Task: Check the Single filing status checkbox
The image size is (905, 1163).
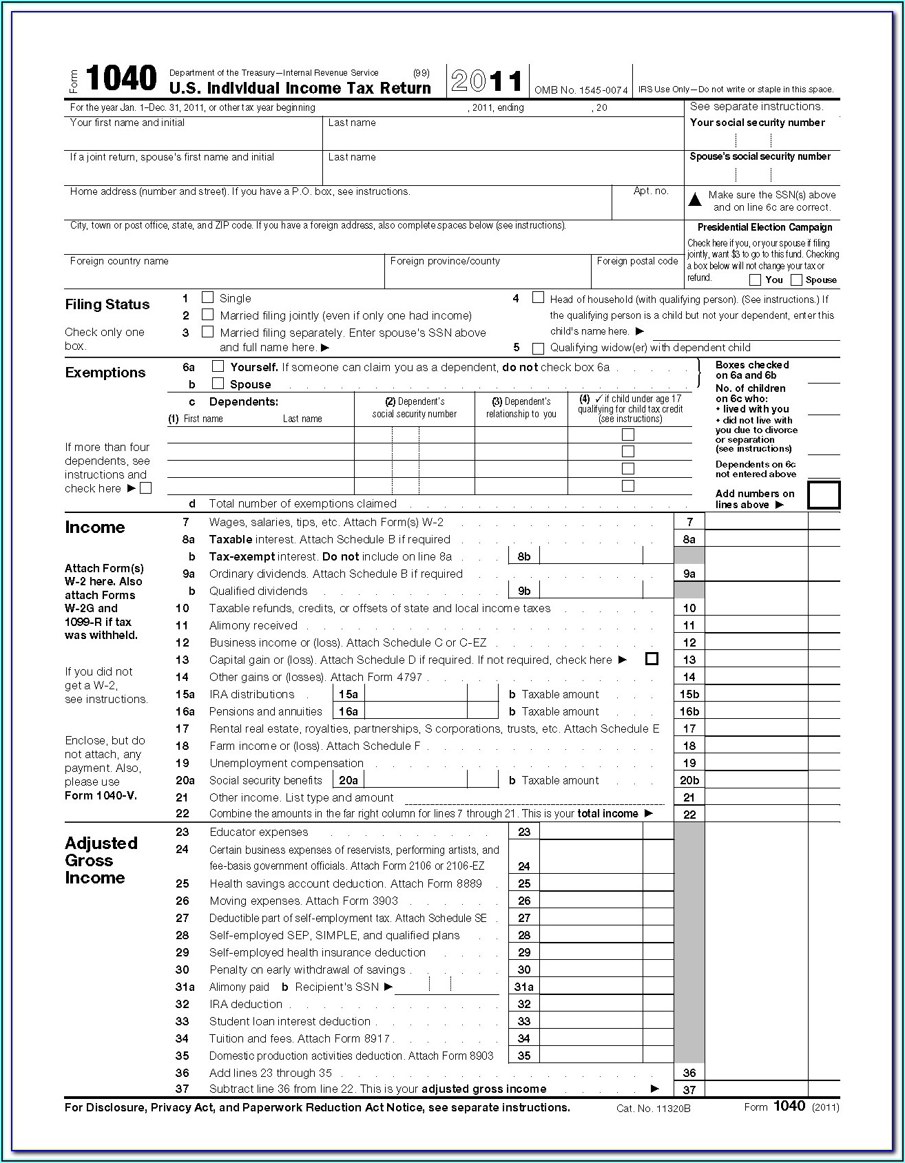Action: pos(207,297)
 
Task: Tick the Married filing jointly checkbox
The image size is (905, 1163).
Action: pos(207,315)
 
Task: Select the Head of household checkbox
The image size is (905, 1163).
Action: pos(538,297)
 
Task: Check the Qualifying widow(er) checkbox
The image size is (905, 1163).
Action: pos(538,348)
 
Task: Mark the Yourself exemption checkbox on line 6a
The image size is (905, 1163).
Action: pos(218,366)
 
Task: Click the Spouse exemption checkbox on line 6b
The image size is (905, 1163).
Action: pos(218,384)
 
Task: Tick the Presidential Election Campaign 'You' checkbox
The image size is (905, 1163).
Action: pos(755,280)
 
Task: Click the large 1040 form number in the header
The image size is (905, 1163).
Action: pos(121,79)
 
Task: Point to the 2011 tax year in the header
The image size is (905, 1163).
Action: pos(487,81)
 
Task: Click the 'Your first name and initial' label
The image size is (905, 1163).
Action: pos(127,123)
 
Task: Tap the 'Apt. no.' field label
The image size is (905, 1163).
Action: pos(651,191)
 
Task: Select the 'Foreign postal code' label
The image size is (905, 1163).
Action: pos(637,261)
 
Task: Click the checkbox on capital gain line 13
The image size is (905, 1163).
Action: pos(652,659)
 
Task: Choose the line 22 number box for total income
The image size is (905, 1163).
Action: pos(689,814)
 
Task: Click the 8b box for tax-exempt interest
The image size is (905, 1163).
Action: pos(524,556)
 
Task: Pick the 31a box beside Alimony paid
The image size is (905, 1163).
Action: pos(524,987)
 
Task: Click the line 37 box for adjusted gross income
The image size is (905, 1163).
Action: pos(689,1089)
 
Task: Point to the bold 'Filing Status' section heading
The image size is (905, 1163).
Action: pos(107,304)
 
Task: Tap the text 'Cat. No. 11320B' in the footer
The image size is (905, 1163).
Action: pos(653,1109)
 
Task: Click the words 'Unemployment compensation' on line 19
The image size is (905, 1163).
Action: pos(287,763)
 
